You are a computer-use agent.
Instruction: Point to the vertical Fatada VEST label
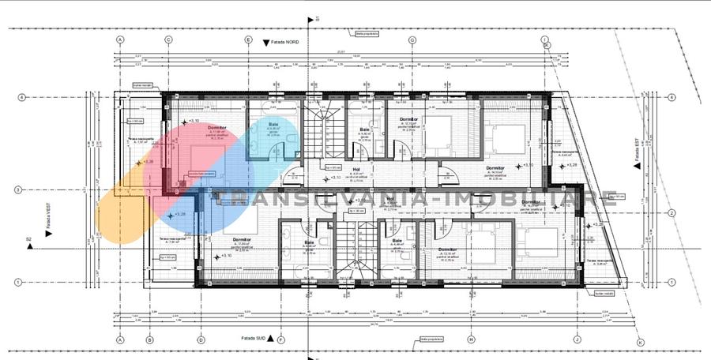pyautogui.click(x=48, y=211)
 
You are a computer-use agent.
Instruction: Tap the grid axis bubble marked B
pyautogui.click(x=149, y=340)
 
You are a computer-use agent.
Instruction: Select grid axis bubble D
pyautogui.click(x=201, y=340)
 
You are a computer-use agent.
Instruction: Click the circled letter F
pyautogui.click(x=281, y=340)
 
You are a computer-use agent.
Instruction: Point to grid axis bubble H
pyautogui.click(x=470, y=340)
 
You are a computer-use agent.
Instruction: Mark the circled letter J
pyautogui.click(x=577, y=340)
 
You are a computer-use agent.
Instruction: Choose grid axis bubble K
pyautogui.click(x=641, y=342)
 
